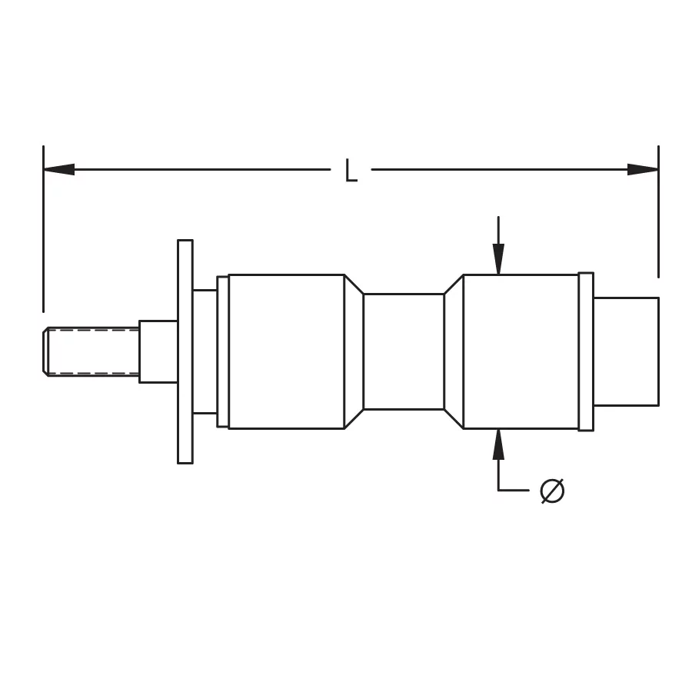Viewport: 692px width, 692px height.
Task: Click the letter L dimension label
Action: (351, 171)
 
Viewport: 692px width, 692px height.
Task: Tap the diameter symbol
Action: (552, 491)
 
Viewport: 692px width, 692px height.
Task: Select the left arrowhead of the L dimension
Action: (59, 169)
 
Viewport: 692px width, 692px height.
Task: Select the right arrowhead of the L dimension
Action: (643, 169)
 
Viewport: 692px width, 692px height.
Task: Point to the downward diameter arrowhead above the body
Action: (498, 259)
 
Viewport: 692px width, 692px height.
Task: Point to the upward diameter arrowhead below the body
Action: (498, 444)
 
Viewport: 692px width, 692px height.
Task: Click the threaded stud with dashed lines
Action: (91, 351)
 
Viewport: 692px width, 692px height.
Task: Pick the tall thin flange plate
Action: (185, 351)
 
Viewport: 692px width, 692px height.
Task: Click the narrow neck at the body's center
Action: (404, 351)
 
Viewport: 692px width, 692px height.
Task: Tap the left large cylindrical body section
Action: (287, 351)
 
